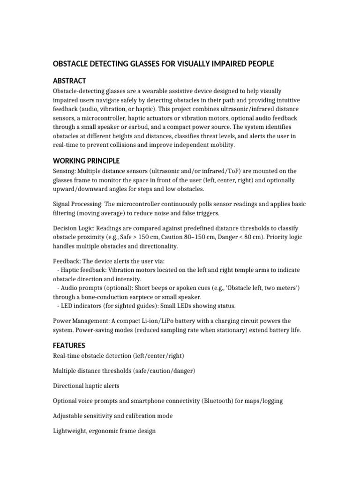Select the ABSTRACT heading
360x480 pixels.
(69, 81)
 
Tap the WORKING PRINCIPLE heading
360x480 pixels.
(86, 161)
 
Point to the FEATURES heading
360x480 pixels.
(69, 345)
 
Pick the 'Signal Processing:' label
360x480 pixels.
(76, 204)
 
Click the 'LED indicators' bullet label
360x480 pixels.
(83, 306)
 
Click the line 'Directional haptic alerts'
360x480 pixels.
(86, 386)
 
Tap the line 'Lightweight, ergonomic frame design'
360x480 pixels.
(104, 431)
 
